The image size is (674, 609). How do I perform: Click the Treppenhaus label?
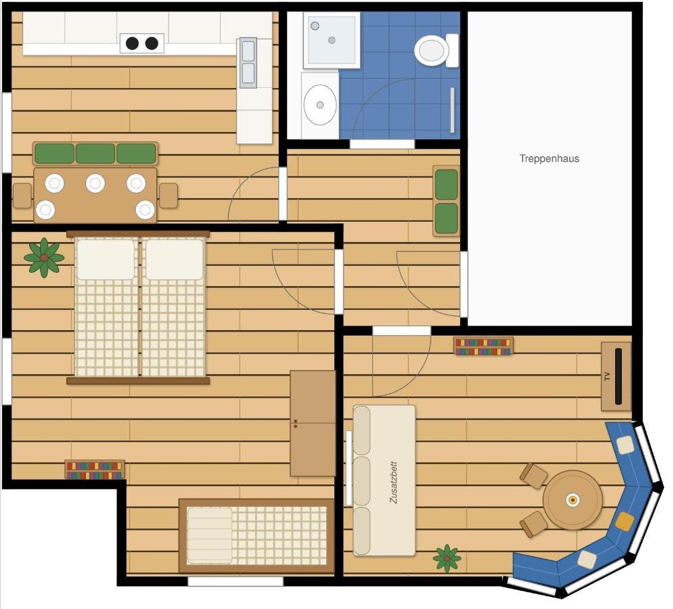549,158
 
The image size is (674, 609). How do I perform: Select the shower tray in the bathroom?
332,40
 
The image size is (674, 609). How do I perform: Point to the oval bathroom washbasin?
320,104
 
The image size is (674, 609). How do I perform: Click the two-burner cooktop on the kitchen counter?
142,43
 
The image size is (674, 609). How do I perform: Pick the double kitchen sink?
248,63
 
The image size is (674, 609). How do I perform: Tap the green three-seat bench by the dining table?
95,154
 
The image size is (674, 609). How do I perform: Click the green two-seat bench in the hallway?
446,201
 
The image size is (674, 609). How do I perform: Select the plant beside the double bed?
44,258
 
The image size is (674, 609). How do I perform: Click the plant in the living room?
447,558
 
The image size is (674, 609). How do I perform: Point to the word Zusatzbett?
393,482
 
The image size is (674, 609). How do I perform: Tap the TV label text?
607,376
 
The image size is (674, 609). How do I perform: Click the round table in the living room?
572,500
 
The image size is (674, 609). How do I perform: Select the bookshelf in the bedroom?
95,470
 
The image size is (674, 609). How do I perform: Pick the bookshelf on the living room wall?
483,346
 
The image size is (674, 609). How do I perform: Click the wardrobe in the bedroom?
313,424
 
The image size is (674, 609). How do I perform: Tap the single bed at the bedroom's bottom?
256,535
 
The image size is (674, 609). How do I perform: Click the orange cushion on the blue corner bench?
625,521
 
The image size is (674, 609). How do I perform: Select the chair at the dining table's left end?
22,196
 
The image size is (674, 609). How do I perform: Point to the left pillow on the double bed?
106,260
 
